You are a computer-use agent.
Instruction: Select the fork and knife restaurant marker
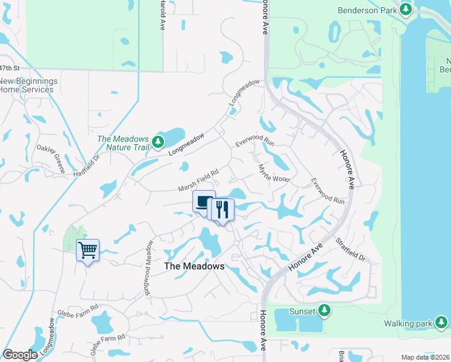coord(221,210)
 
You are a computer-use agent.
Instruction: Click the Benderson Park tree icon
coord(406,10)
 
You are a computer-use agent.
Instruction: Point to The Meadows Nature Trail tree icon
coord(158,142)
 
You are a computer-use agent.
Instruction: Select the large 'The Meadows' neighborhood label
coord(194,266)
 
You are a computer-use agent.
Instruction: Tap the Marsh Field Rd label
coord(198,180)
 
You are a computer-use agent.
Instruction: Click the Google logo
coord(20,355)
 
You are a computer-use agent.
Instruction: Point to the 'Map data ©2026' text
coord(424,357)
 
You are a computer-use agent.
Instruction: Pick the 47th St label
coord(10,68)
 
